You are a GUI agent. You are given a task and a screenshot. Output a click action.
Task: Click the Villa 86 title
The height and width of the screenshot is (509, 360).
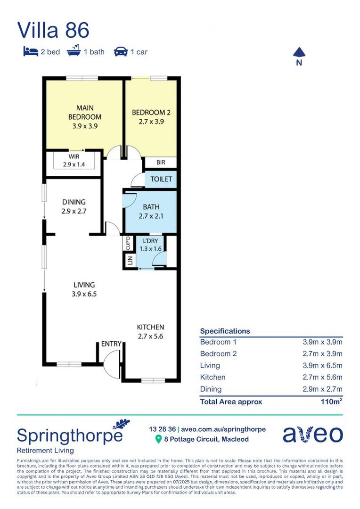53,30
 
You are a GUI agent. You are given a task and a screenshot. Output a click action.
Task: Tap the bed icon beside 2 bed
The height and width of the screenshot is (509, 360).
30,51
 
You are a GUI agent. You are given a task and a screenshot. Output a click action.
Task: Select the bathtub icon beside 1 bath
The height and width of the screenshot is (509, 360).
74,51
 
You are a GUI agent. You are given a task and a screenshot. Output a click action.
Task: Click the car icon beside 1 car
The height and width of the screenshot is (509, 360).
121,51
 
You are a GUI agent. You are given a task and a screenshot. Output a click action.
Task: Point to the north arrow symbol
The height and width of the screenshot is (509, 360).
299,53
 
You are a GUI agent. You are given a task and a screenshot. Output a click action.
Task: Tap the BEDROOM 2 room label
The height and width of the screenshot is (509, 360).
151,116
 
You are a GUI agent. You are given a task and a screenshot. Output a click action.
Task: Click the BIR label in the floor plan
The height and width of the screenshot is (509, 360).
161,163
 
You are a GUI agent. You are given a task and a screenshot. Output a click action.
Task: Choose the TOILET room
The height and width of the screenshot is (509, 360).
161,180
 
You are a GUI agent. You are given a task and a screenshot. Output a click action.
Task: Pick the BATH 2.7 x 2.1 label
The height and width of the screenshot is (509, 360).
151,212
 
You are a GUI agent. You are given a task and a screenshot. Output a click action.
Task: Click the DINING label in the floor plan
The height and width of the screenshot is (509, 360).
74,206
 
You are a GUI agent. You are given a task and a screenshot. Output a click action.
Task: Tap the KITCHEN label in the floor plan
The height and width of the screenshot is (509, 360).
150,331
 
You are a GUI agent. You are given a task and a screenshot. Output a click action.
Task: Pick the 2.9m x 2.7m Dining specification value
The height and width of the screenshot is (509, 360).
322,389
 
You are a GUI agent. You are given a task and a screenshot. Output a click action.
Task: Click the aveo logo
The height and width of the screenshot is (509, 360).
312,434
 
